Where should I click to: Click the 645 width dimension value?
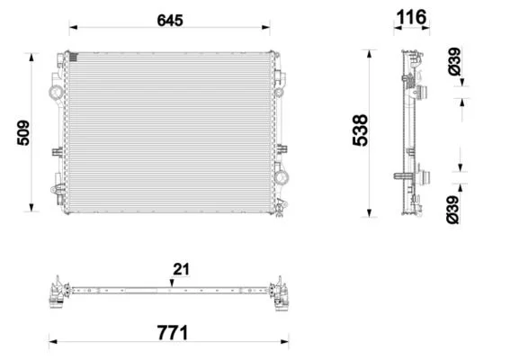point(170,20)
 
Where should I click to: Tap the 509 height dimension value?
point(23,133)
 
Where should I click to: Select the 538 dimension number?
point(360,130)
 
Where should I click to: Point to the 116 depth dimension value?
point(411,17)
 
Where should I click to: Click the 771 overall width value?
point(173,333)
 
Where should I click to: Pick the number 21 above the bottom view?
point(181,269)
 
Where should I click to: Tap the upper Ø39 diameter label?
point(455,61)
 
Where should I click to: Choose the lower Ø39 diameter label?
point(452,210)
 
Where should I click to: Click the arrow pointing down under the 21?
point(172,283)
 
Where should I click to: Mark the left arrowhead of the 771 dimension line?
point(53,342)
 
